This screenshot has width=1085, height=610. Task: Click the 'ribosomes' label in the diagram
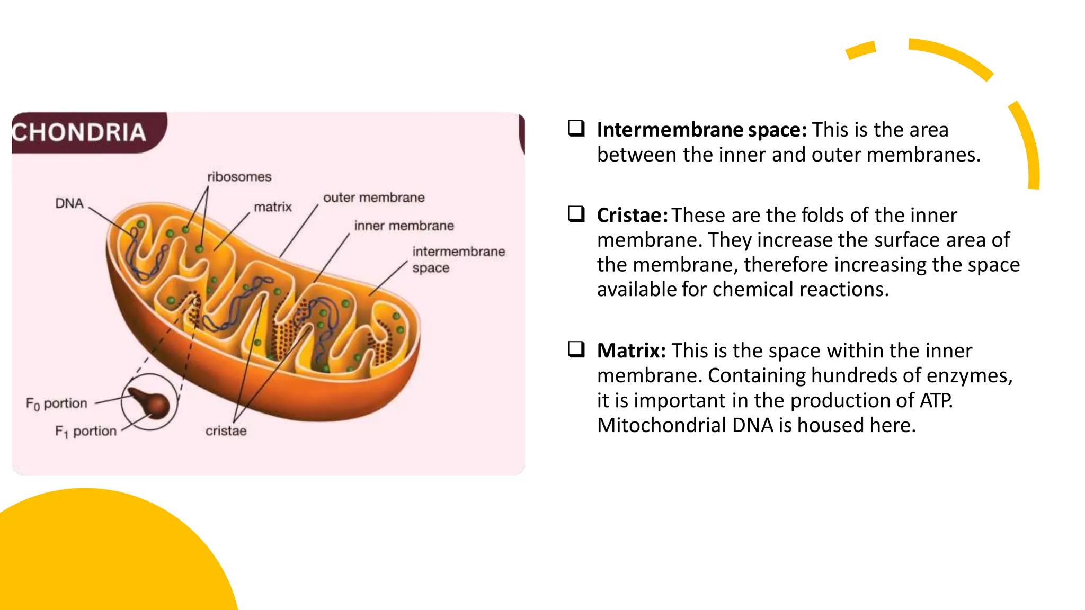239,177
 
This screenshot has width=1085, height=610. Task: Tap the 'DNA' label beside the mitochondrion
69,203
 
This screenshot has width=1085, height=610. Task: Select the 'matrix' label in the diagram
273,207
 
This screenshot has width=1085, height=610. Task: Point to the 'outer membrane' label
373,198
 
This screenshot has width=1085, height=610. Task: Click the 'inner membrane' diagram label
404,226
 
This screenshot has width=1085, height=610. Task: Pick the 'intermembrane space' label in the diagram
458,259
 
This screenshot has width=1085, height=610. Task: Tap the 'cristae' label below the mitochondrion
226,431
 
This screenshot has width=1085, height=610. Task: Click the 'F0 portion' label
56,403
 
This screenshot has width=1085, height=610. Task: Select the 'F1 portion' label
85,432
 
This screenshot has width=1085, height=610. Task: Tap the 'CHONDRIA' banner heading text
79,132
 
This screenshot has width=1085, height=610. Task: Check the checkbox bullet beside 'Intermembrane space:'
576,128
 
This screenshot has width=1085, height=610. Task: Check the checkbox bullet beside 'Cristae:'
576,214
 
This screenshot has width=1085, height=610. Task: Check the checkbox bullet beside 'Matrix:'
576,349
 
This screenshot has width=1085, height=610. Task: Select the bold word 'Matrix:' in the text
631,351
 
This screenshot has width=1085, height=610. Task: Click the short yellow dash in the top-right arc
861,50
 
